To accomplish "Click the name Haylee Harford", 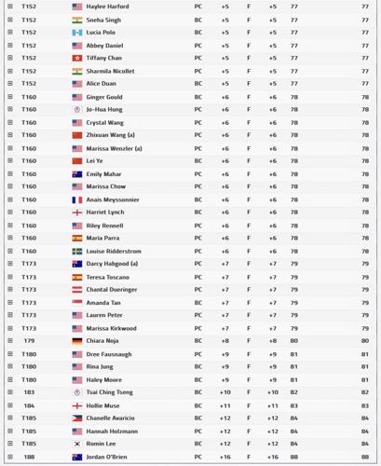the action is point(107,7).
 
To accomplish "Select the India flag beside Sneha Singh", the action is point(77,20).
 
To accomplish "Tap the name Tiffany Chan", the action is point(103,58).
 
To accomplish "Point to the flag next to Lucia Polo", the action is point(77,33).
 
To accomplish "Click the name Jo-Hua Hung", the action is point(103,109).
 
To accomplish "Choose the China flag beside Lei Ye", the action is point(77,161).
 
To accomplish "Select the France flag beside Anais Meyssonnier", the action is point(77,199).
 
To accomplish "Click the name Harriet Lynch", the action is point(104,212).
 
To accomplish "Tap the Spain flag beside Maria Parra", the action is point(77,238).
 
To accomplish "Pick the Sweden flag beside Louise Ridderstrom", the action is point(77,251).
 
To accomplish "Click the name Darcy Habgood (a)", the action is point(112,264).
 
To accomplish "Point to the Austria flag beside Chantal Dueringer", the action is point(77,290).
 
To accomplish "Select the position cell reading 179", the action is point(29,341).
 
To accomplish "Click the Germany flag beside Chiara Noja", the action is point(77,341).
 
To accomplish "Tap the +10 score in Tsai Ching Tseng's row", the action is point(225,392).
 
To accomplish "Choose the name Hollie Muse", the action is point(102,405).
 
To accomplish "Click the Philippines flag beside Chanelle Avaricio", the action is point(77,418).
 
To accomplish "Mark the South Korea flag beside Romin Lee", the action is point(77,444).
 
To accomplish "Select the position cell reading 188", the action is point(29,457).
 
